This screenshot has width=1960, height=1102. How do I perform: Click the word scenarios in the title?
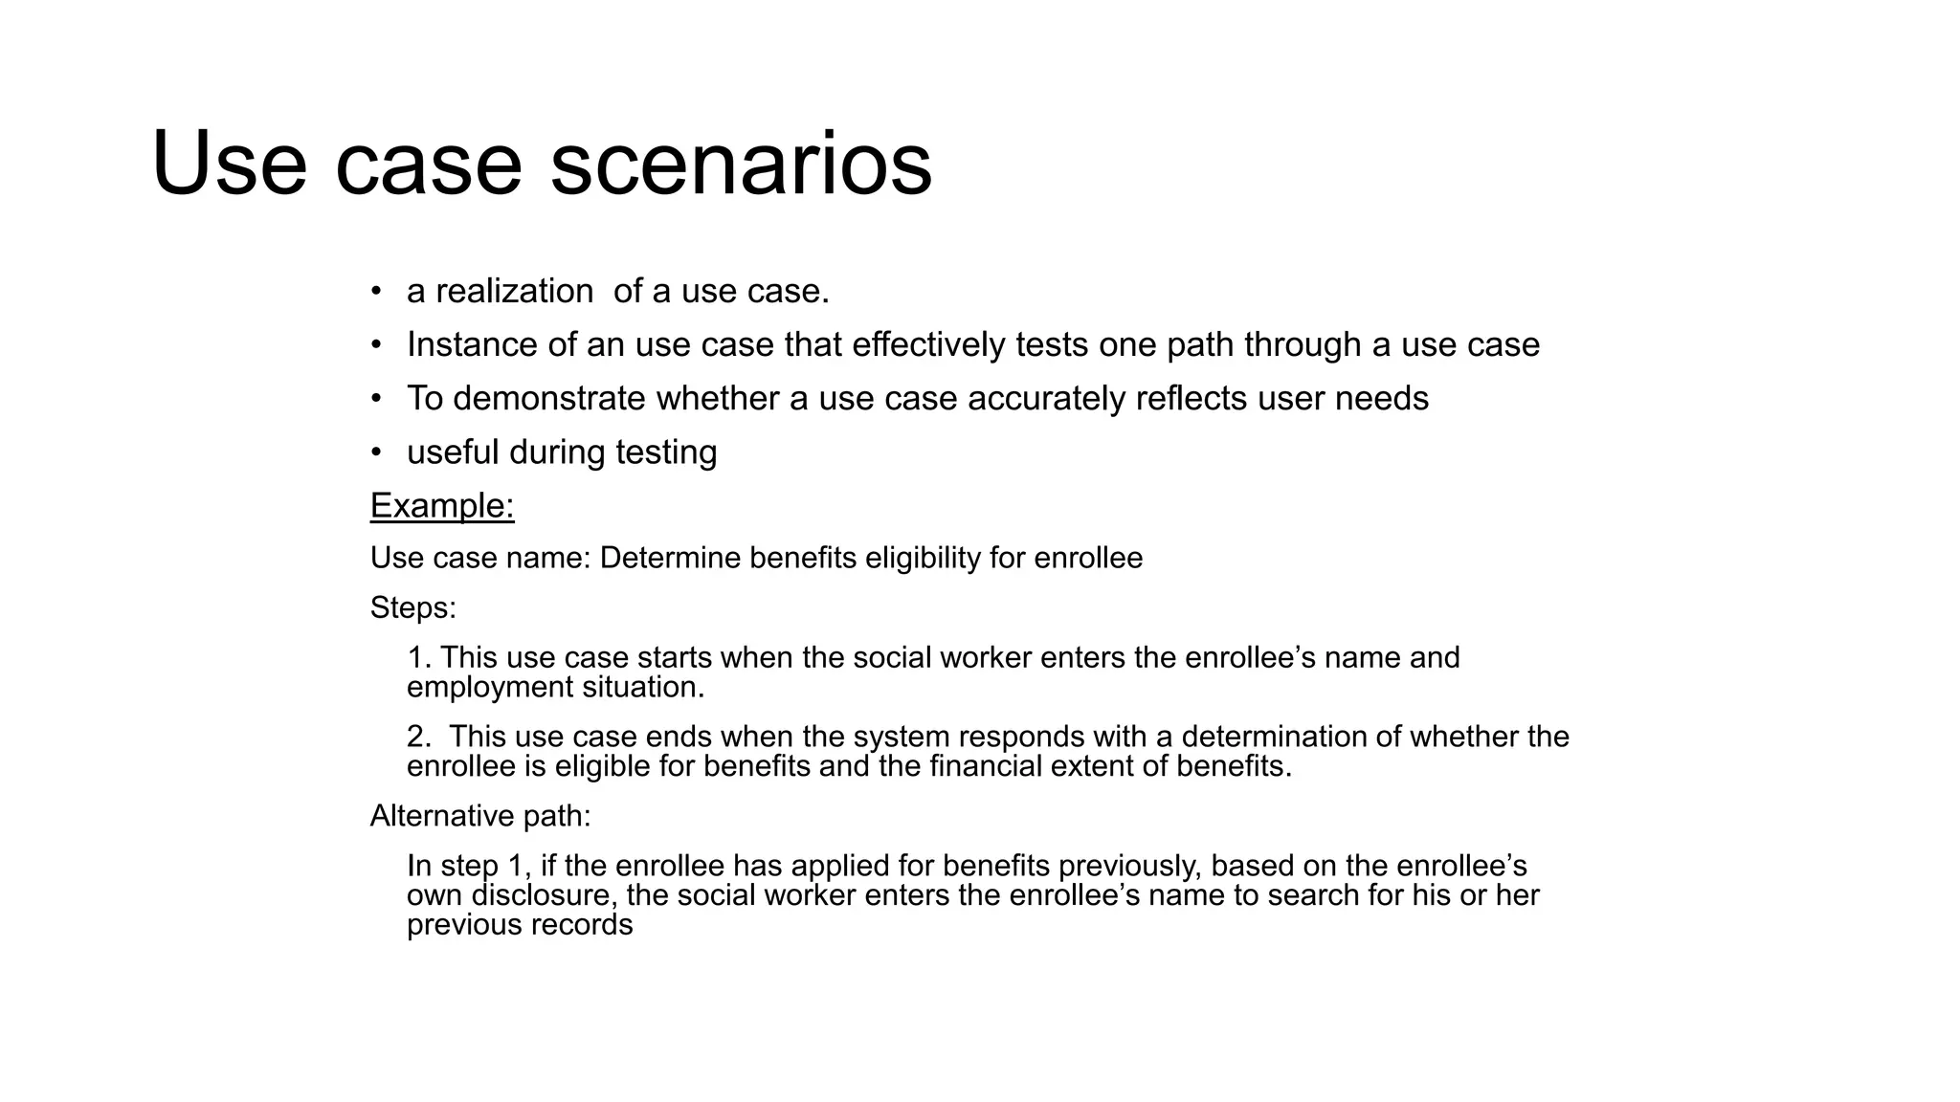[741, 165]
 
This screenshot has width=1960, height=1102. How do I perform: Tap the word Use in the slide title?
[229, 165]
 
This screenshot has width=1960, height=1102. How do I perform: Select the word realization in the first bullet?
[515, 291]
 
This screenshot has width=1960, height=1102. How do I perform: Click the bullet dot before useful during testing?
[377, 452]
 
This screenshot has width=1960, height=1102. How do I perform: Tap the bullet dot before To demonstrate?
[377, 398]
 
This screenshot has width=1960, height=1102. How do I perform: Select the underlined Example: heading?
[442, 505]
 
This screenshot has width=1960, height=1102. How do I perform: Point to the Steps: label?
[413, 607]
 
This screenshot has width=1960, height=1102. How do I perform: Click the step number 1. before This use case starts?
[419, 657]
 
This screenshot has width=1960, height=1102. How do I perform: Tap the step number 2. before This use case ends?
[419, 737]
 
